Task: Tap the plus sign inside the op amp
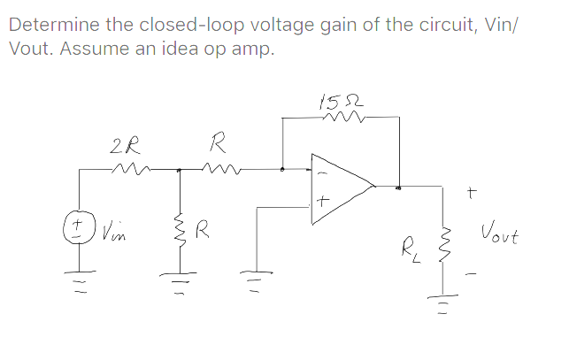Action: click(324, 203)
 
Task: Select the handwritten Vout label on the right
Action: click(501, 237)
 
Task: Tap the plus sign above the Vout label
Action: click(473, 188)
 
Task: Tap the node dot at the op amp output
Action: click(398, 187)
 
